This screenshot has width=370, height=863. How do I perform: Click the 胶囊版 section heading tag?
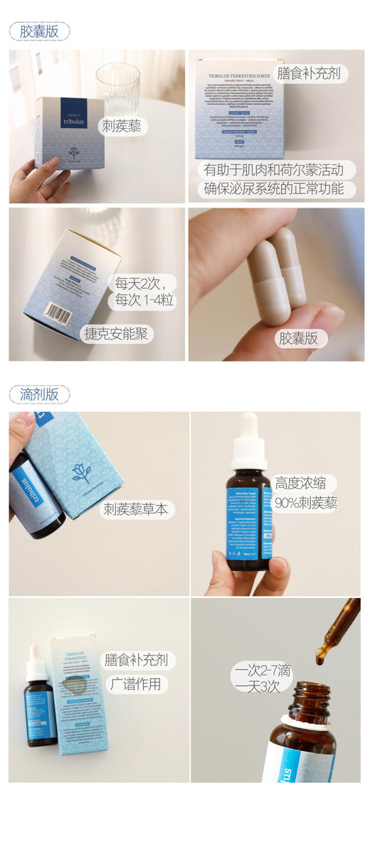pyautogui.click(x=39, y=31)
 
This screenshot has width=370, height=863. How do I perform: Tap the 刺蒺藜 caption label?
pyautogui.click(x=122, y=126)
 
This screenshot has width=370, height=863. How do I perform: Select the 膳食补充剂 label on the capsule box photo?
pyautogui.click(x=309, y=73)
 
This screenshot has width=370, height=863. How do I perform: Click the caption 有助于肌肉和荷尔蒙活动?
pyautogui.click(x=273, y=170)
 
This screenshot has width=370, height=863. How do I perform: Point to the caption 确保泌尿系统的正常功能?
pyautogui.click(x=273, y=189)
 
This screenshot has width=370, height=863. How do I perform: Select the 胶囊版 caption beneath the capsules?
pyautogui.click(x=299, y=338)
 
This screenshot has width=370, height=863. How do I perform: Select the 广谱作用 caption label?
pyautogui.click(x=137, y=684)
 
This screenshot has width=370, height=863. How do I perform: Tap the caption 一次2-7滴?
pyautogui.click(x=262, y=669)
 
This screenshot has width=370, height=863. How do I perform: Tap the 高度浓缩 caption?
pyautogui.click(x=300, y=484)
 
